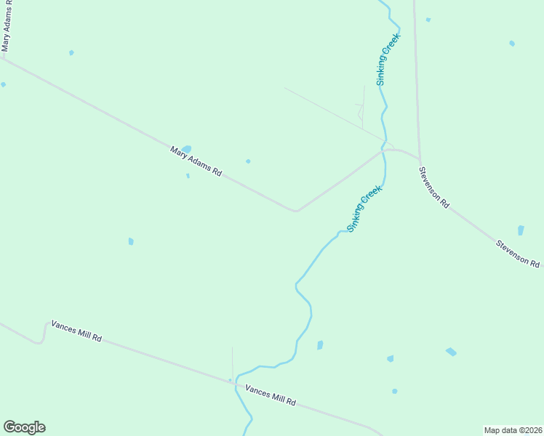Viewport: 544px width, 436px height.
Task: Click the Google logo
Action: pos(24,427)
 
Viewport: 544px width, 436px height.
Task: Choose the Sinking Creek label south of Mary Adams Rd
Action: pos(364,209)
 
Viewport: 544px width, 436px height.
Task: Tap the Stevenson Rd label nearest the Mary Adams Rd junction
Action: pos(433,187)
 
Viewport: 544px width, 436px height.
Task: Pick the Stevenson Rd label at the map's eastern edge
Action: pos(518,253)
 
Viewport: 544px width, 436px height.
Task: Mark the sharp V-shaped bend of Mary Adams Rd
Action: pos(296,211)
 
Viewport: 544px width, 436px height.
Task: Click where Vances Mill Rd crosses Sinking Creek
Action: pos(236,383)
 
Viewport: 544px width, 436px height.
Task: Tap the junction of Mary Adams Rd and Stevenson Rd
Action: pos(420,158)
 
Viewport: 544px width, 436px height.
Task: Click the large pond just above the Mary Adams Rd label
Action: pos(186,149)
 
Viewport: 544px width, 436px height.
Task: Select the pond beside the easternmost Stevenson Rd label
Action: pos(521,230)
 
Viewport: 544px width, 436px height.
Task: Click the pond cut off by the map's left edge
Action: pos(3,84)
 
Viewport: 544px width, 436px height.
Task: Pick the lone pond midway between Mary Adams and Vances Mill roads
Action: pos(131,241)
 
